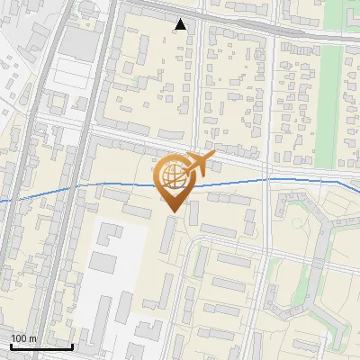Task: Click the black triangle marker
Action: pyautogui.click(x=182, y=24)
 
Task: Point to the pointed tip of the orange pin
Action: pyautogui.click(x=171, y=211)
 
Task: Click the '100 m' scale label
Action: pyautogui.click(x=23, y=338)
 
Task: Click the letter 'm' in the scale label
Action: pyautogui.click(x=33, y=338)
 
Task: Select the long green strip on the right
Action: pyautogui.click(x=331, y=99)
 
